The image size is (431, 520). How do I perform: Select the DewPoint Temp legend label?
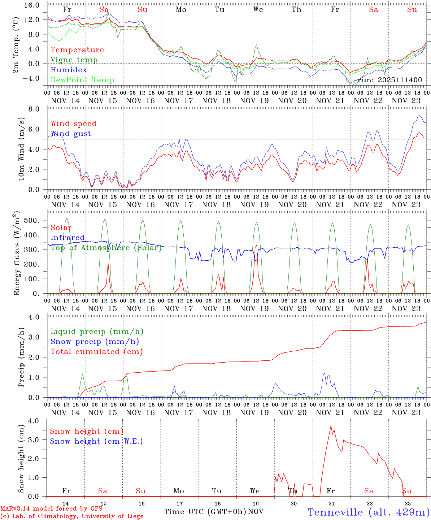click(x=82, y=80)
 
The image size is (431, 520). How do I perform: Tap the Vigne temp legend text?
click(x=74, y=60)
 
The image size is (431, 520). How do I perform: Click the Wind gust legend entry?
click(x=71, y=134)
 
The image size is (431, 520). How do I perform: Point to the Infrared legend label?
click(x=68, y=238)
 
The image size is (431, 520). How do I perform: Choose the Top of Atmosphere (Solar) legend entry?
click(x=106, y=248)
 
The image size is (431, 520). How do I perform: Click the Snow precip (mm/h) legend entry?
click(x=95, y=342)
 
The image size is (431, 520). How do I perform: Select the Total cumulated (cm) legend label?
click(x=96, y=352)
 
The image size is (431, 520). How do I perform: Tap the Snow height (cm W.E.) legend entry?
click(x=96, y=441)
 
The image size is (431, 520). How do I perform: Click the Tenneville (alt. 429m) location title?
click(x=368, y=512)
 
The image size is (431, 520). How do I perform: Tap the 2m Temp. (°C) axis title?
click(x=16, y=44)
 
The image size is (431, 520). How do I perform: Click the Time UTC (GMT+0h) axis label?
click(x=205, y=512)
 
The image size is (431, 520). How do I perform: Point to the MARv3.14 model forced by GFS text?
click(x=51, y=509)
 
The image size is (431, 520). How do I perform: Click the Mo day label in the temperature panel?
click(x=181, y=10)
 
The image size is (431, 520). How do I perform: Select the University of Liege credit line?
click(x=72, y=516)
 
